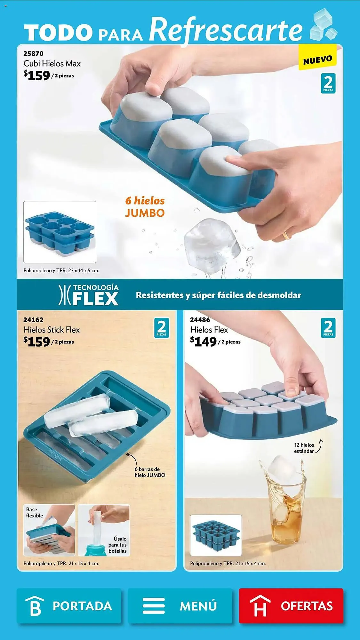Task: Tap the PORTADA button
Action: (x=69, y=605)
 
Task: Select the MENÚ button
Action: (x=180, y=605)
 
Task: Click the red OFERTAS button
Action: (x=291, y=605)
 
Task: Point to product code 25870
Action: (x=33, y=53)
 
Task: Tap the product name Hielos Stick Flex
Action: (x=52, y=330)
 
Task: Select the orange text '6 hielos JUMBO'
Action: (x=145, y=207)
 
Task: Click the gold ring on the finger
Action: (x=286, y=236)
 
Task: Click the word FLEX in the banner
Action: (x=95, y=299)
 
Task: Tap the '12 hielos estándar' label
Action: (x=304, y=448)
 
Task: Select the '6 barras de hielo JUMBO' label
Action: (x=149, y=472)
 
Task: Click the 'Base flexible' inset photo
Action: (x=49, y=530)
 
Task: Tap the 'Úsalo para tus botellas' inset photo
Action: (x=104, y=530)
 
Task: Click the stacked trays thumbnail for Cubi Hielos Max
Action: (x=60, y=232)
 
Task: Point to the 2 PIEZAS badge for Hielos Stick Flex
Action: (x=162, y=328)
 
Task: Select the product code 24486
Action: (x=200, y=320)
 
